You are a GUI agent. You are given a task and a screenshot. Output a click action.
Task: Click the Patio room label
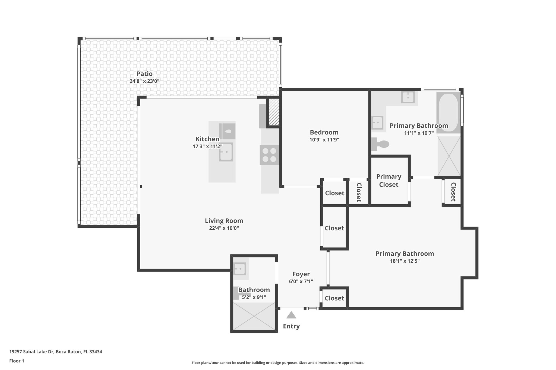(144, 74)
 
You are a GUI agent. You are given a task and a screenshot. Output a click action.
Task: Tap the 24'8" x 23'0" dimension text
(144, 81)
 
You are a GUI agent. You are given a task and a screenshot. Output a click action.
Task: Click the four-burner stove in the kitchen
(269, 155)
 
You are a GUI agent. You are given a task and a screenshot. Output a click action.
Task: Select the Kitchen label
(207, 139)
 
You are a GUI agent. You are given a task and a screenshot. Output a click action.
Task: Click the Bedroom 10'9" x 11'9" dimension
(324, 140)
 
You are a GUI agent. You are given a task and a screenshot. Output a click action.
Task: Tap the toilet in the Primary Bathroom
(380, 144)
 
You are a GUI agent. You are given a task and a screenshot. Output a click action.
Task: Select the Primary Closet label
(388, 181)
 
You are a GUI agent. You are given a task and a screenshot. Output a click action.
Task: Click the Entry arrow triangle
(291, 315)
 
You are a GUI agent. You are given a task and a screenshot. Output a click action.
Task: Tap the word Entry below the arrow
(291, 326)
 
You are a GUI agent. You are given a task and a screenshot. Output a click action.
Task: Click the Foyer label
(301, 274)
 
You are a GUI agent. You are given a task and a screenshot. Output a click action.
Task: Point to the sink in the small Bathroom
(240, 269)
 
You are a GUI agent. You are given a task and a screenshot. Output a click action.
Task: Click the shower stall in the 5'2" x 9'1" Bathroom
(254, 316)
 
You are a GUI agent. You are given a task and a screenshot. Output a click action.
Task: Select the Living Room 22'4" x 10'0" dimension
(224, 228)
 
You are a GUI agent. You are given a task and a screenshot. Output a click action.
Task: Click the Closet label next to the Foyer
(334, 298)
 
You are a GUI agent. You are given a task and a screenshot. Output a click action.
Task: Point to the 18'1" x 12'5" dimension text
(405, 261)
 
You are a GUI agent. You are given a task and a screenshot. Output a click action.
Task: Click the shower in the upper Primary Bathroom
(449, 156)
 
